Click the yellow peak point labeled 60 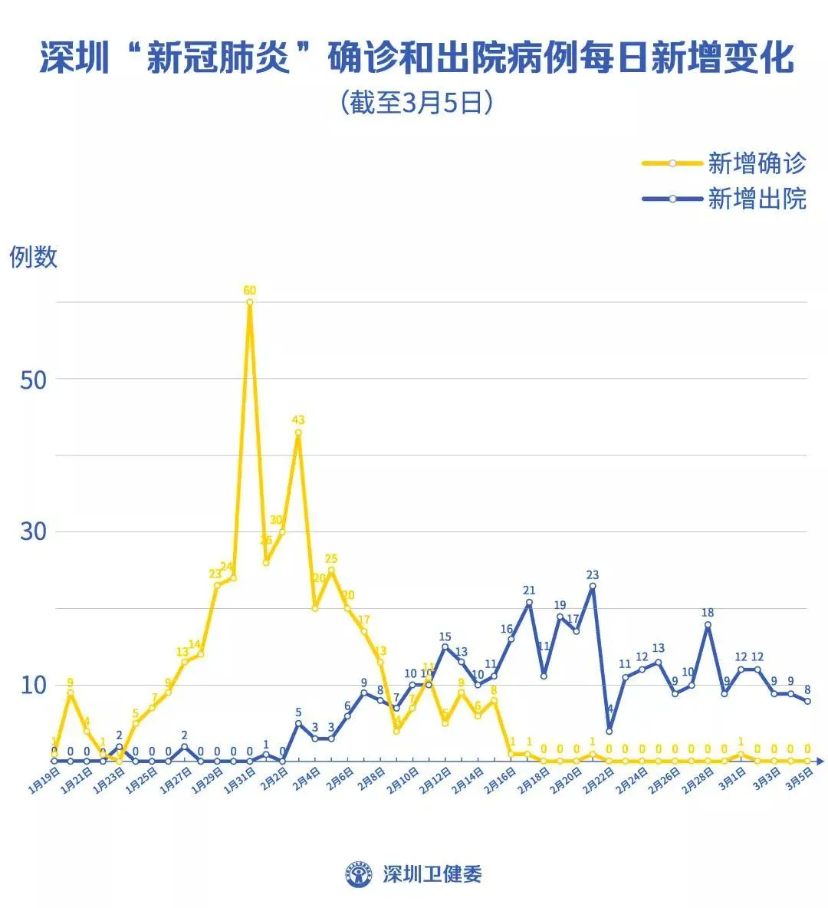pos(250,302)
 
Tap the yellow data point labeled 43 pos(298,433)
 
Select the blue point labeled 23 pos(593,586)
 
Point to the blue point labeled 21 pos(529,602)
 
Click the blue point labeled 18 pos(708,624)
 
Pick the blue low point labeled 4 pos(609,731)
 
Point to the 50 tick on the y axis pos(34,380)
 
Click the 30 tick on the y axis pos(34,531)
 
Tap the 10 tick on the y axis pos(34,684)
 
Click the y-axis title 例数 pos(34,257)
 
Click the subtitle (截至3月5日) pos(415,103)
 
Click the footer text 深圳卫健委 pos(432,873)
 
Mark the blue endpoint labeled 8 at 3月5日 pos(807,701)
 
